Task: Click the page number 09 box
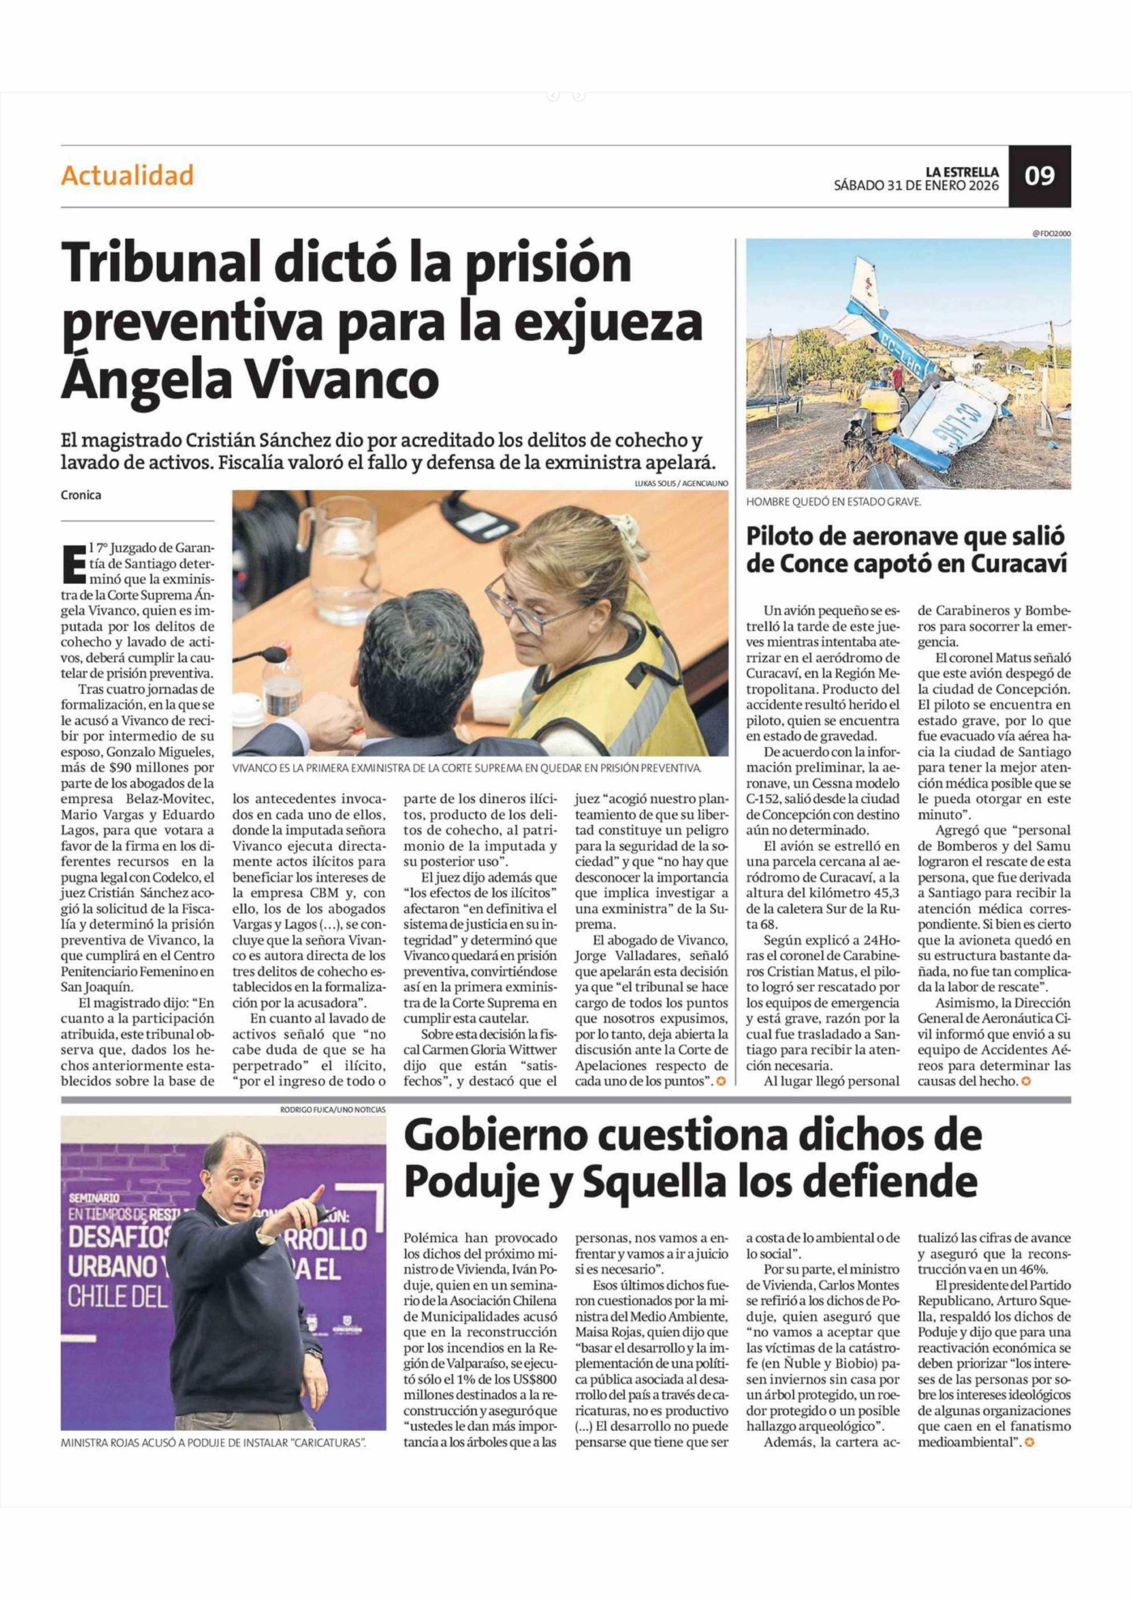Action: tap(1039, 176)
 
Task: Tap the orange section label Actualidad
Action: tap(127, 176)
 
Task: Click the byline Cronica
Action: tap(81, 495)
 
